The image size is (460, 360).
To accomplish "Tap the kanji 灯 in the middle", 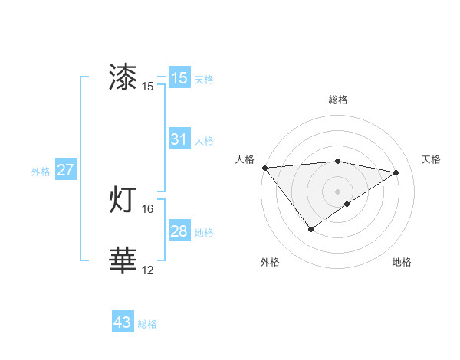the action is pyautogui.click(x=123, y=200).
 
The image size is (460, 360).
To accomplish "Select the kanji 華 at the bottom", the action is pyautogui.click(x=123, y=260).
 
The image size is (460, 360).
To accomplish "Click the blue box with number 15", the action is pyautogui.click(x=179, y=77).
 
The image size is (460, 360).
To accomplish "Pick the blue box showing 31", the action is pyautogui.click(x=179, y=139).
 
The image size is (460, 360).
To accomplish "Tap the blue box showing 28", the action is pyautogui.click(x=179, y=231).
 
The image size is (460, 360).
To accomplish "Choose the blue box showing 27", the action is pyautogui.click(x=65, y=170).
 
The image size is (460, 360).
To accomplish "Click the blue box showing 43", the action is pyautogui.click(x=123, y=322).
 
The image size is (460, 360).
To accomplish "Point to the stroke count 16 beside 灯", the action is pyautogui.click(x=148, y=208).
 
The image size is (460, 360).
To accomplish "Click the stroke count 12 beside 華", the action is pyautogui.click(x=148, y=270).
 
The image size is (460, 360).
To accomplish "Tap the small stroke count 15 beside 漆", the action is pyautogui.click(x=148, y=86).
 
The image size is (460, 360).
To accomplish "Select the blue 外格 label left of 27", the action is pyautogui.click(x=41, y=172).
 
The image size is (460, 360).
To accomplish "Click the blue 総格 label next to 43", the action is pyautogui.click(x=147, y=324).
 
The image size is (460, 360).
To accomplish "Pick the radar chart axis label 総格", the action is pyautogui.click(x=338, y=100).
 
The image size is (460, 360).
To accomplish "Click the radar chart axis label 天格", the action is pyautogui.click(x=432, y=159).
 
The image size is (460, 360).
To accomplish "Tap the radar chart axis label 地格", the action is pyautogui.click(x=402, y=262).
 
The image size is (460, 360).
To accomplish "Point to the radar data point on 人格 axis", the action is pyautogui.click(x=264, y=167).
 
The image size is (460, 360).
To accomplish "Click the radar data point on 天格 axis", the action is pyautogui.click(x=396, y=172).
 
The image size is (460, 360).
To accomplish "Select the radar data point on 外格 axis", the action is pyautogui.click(x=310, y=228).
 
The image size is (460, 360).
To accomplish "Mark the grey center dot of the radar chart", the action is pyautogui.click(x=337, y=191).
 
